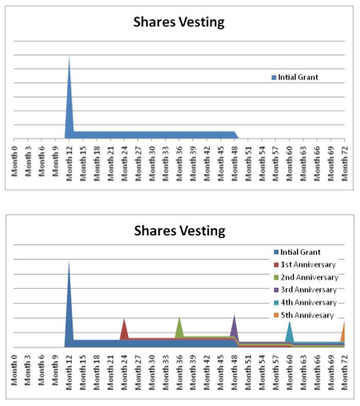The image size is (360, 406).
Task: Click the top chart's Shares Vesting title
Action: [179, 22]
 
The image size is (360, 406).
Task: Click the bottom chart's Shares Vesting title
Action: [180, 231]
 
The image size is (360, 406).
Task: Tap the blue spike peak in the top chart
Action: [69, 57]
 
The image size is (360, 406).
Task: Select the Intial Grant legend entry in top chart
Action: [295, 78]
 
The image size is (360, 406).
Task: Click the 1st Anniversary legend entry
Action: [305, 265]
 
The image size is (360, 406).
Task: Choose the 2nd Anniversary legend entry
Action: [306, 277]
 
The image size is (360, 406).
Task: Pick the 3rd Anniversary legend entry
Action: [306, 290]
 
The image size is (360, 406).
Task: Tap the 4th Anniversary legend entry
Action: [306, 303]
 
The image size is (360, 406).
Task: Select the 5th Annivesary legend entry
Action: [304, 315]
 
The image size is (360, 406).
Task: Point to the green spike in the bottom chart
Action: [179, 328]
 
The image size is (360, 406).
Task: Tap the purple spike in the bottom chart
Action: [234, 326]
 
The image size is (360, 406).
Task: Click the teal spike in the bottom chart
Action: [289, 332]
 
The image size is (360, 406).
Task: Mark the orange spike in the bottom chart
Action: [343, 333]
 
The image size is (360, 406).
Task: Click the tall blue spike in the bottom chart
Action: [69, 303]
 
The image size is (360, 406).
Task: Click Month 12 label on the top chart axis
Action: [69, 163]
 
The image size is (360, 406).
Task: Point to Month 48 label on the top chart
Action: [234, 163]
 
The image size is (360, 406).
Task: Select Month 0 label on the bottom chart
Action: [14, 370]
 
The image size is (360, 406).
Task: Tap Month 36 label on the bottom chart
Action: [179, 372]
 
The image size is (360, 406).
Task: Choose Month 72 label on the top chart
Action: [344, 163]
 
